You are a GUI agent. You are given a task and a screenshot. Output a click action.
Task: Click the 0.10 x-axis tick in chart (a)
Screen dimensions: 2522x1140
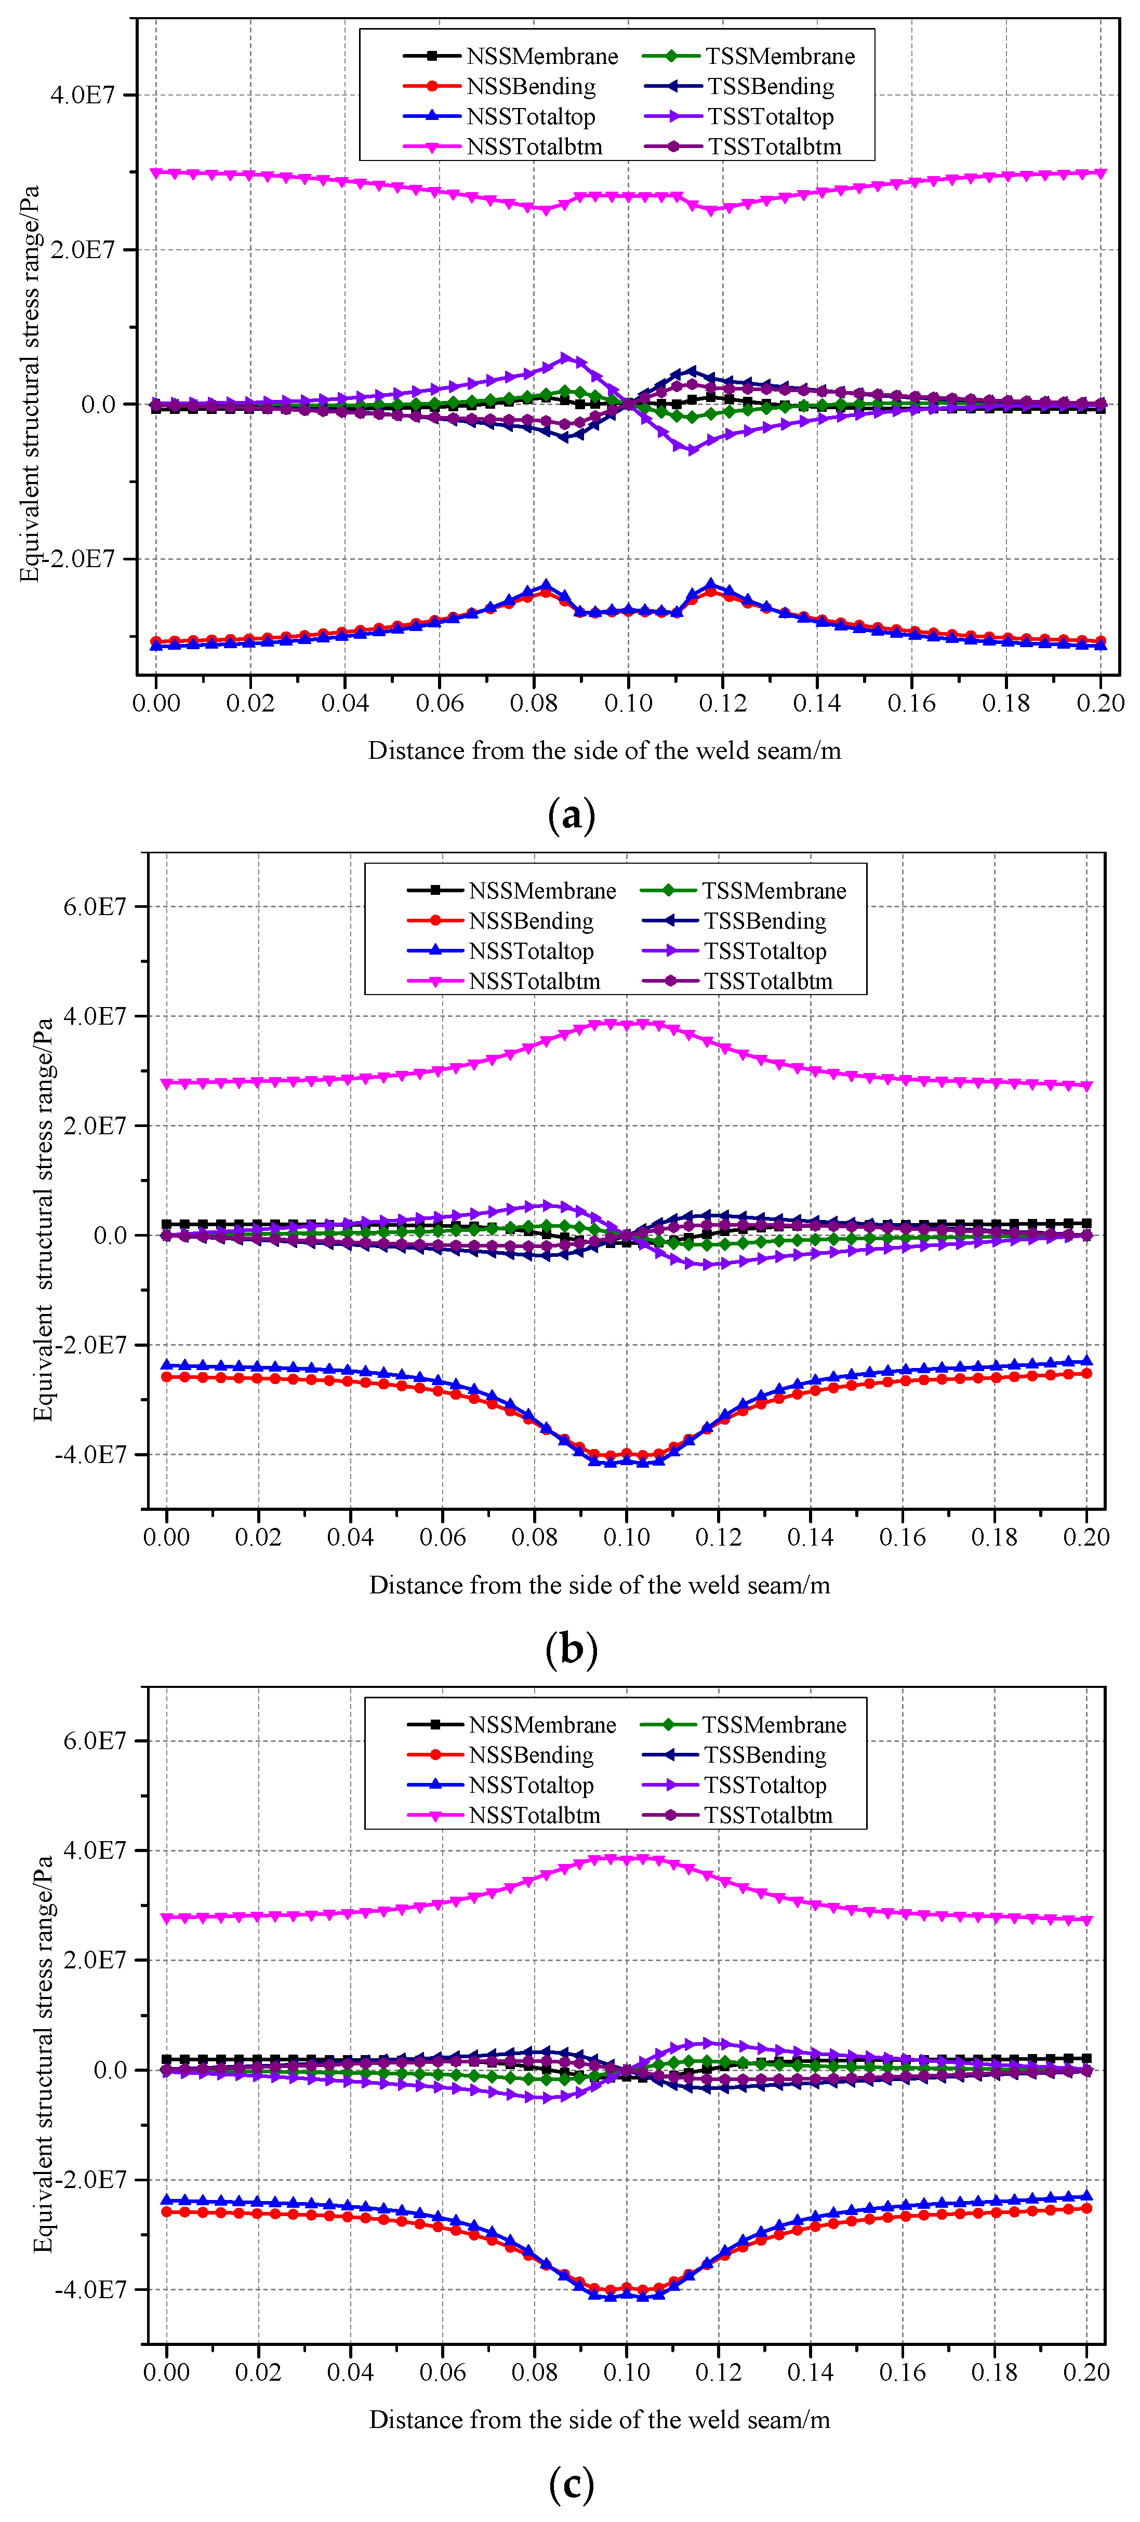[x=628, y=703]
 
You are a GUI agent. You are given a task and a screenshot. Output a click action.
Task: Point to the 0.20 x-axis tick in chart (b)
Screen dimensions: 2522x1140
[x=1086, y=1537]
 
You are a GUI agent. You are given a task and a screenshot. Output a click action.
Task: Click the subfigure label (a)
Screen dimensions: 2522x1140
[x=571, y=814]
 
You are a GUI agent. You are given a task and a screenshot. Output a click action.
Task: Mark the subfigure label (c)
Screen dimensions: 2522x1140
[x=571, y=2483]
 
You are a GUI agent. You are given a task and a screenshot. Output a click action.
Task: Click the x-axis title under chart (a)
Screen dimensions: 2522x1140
[x=604, y=751]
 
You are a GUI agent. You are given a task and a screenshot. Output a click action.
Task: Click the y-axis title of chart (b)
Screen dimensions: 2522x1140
[x=43, y=1219]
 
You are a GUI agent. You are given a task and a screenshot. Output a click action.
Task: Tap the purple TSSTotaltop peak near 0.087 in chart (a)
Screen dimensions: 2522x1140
[x=566, y=358]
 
